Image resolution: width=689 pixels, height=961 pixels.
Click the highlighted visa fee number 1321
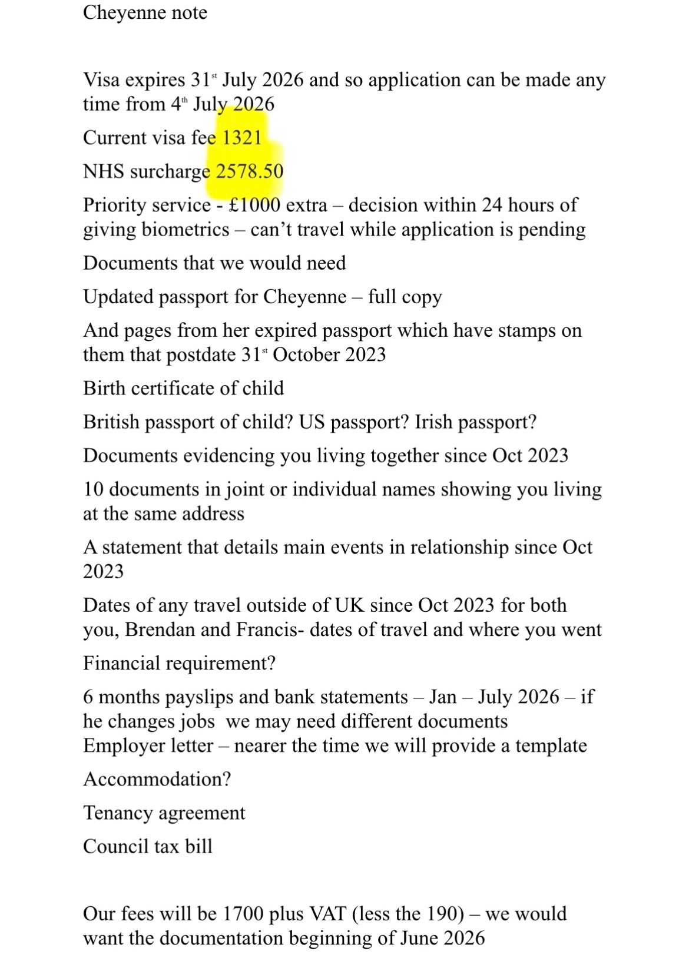241,138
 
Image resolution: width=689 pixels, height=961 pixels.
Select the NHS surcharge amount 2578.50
250,171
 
